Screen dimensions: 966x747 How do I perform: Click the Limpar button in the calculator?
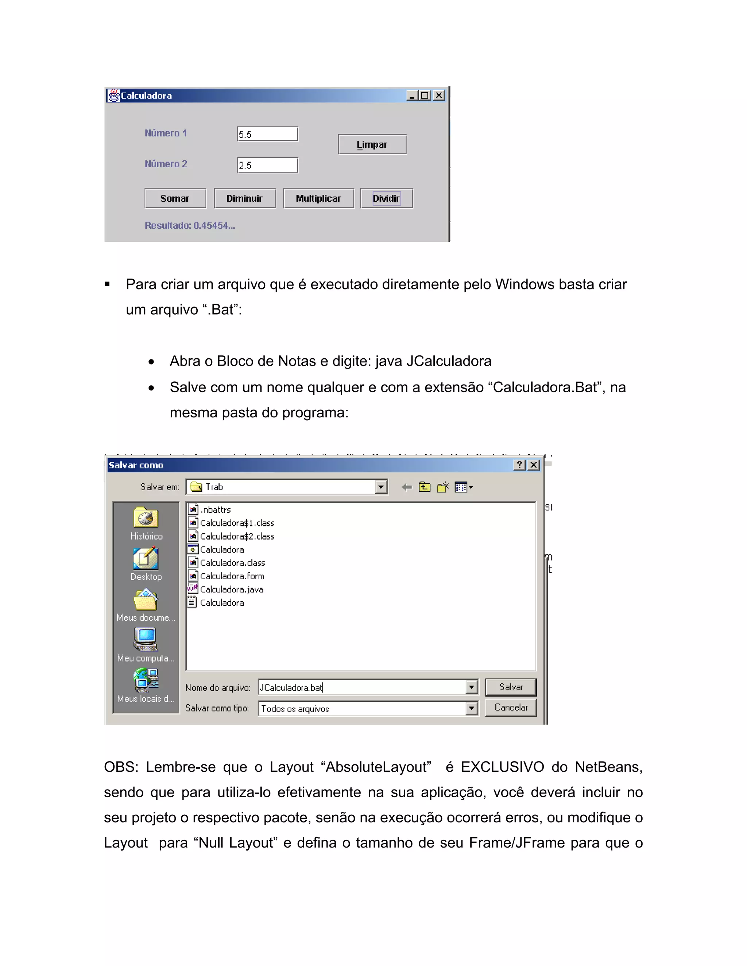[x=372, y=145]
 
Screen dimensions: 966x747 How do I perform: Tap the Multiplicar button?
[x=318, y=199]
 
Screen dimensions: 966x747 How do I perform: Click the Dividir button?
[x=386, y=199]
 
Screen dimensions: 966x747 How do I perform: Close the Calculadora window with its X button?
[x=438, y=96]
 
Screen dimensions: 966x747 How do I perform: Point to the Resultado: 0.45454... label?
[x=189, y=226]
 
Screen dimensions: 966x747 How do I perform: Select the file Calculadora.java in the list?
[x=232, y=589]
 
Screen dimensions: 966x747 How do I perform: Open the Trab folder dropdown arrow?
[x=380, y=487]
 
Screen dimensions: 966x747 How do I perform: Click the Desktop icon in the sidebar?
[x=146, y=560]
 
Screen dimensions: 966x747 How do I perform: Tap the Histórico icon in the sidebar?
[x=146, y=518]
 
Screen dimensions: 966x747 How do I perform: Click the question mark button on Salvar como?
[x=519, y=465]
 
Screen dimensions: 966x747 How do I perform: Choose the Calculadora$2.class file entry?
[x=237, y=537]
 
